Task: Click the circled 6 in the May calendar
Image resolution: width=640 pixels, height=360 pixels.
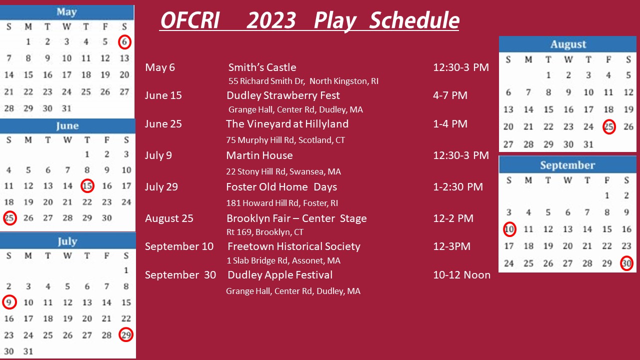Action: click(124, 42)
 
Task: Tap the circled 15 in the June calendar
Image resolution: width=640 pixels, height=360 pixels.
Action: click(87, 185)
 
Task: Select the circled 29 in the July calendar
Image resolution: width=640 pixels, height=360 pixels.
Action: click(126, 334)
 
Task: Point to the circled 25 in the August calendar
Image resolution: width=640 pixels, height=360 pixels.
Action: click(609, 126)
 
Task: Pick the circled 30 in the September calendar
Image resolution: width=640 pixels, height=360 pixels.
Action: click(626, 263)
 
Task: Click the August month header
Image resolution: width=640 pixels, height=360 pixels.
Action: click(567, 44)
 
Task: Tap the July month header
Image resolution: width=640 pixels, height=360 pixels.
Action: click(67, 241)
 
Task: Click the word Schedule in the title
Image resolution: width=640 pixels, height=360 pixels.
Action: click(414, 20)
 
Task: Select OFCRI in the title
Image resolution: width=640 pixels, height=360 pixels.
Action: click(190, 20)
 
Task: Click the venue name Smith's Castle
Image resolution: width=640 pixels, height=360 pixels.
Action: click(262, 67)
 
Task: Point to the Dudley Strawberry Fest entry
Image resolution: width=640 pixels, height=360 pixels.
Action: click(283, 95)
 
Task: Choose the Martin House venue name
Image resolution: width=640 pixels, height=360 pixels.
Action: click(259, 155)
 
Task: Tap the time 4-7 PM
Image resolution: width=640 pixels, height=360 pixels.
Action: click(450, 95)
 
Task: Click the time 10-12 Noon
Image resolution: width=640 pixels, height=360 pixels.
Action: click(461, 275)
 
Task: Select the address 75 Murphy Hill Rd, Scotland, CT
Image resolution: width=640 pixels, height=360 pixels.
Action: click(285, 140)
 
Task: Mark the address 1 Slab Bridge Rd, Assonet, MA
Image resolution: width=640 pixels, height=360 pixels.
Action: click(283, 260)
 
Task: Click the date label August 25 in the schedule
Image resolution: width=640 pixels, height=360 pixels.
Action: click(169, 218)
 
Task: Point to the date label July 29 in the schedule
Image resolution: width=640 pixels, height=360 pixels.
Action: click(161, 187)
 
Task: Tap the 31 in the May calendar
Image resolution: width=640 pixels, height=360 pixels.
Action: click(66, 108)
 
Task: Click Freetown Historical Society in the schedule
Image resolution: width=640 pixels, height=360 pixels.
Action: click(294, 246)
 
